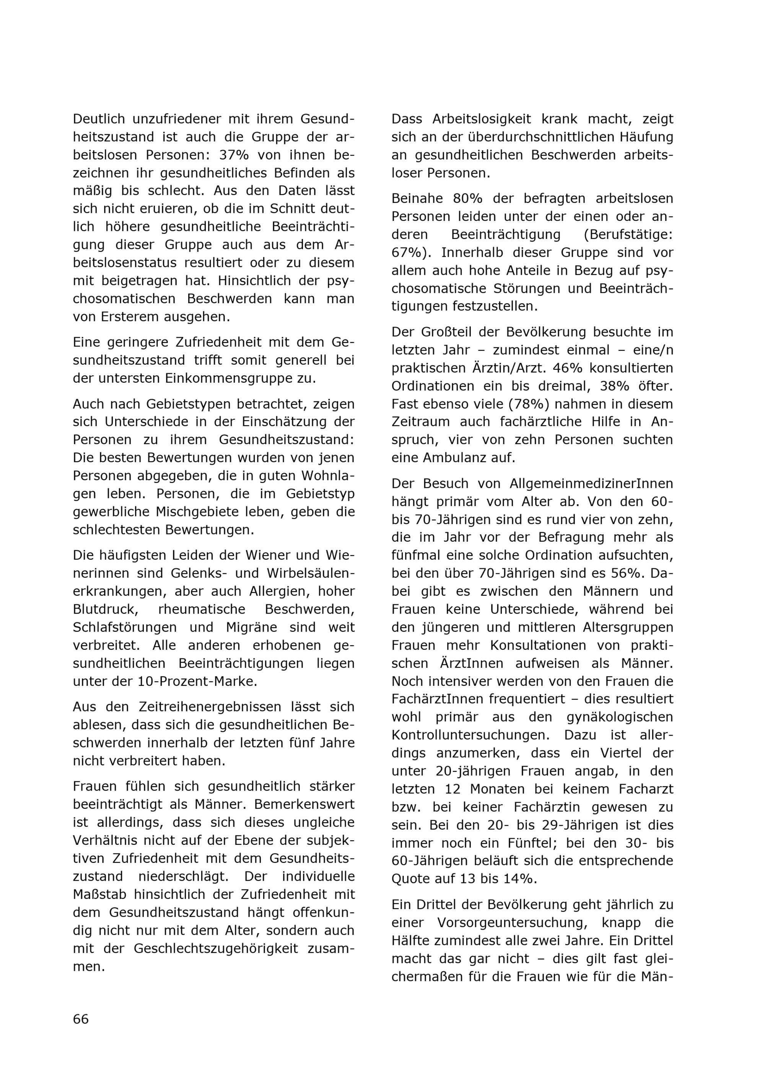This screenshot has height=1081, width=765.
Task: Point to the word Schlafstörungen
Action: click(125, 627)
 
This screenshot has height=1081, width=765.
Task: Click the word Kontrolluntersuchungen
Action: click(470, 735)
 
